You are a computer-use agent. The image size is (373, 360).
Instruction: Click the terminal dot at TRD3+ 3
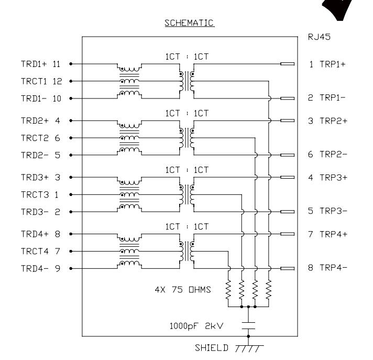click(x=71, y=177)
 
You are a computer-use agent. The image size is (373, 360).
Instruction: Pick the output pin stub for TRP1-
click(x=288, y=99)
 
